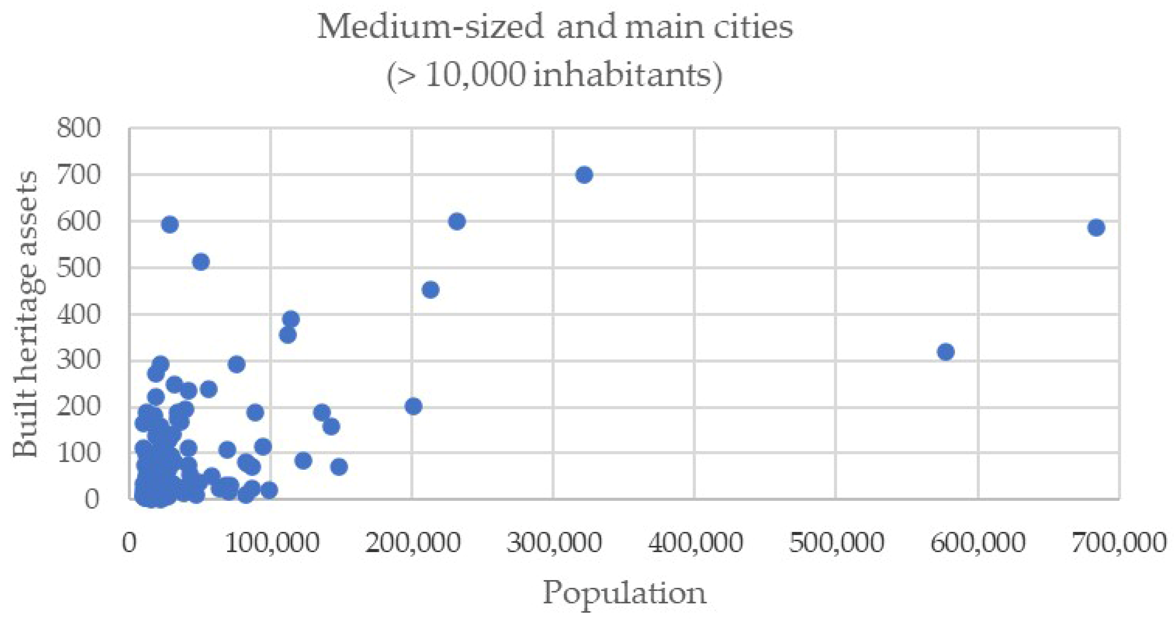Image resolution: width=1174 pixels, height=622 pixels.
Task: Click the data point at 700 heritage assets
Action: click(584, 175)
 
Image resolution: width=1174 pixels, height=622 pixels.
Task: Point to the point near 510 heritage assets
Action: click(201, 262)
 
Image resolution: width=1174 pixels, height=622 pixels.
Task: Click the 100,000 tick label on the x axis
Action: click(272, 543)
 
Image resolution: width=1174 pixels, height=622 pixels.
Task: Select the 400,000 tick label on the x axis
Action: click(695, 543)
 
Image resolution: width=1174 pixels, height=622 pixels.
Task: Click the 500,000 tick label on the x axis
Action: click(836, 543)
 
